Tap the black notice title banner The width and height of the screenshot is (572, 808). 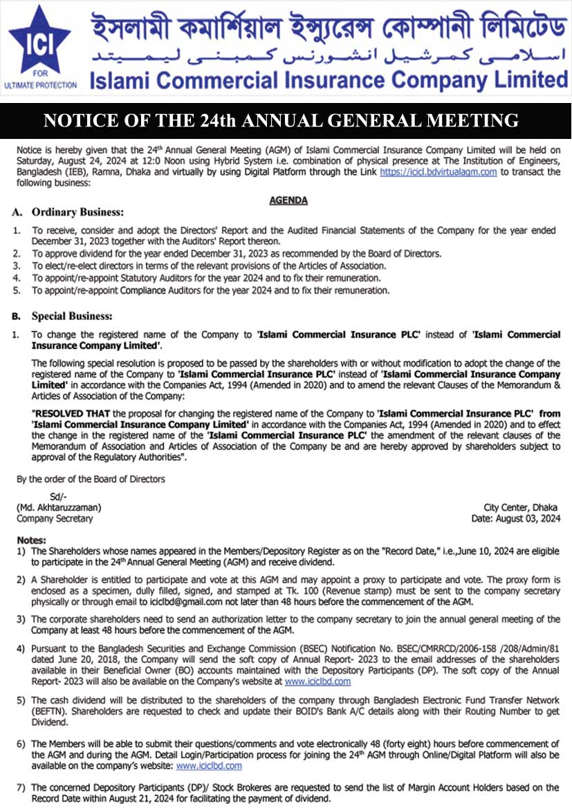pos(286,121)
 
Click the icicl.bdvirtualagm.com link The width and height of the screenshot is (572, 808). pos(438,172)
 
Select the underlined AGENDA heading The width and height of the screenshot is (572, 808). pos(288,200)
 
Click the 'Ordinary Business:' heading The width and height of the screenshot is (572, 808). pos(77,212)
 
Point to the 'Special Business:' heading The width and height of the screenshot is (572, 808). pos(71,317)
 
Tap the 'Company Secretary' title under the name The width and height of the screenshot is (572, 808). pos(55,518)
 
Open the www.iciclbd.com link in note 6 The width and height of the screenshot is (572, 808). pos(209,766)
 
